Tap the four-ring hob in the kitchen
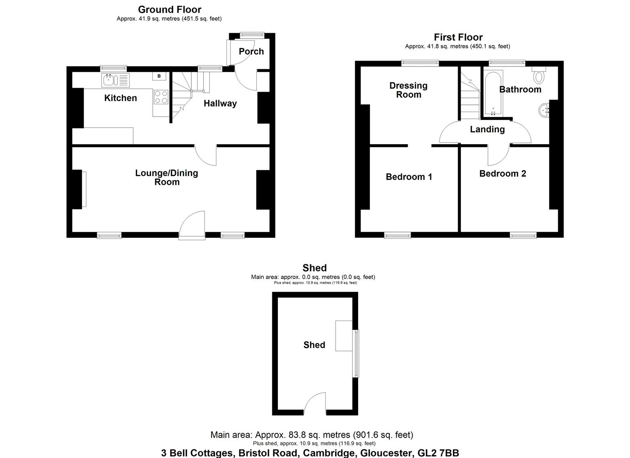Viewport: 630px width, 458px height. click(x=161, y=97)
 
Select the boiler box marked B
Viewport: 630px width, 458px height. click(x=159, y=76)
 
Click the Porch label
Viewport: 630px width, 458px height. click(x=251, y=51)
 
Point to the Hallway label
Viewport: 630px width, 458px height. click(x=220, y=103)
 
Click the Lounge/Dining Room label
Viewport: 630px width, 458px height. click(x=167, y=177)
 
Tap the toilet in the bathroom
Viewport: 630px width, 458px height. click(x=539, y=75)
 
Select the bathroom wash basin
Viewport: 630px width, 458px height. click(x=544, y=111)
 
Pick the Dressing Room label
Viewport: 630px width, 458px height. click(x=409, y=90)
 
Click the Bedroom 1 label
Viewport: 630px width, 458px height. click(x=409, y=176)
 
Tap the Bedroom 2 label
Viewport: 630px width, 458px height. click(x=502, y=173)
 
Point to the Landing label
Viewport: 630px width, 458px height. click(x=487, y=129)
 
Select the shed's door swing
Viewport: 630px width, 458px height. click(x=315, y=402)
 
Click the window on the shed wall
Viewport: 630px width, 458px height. click(x=356, y=353)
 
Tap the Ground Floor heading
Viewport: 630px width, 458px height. click(x=169, y=9)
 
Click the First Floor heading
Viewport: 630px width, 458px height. click(x=458, y=37)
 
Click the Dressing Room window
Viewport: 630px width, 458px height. click(x=420, y=63)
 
